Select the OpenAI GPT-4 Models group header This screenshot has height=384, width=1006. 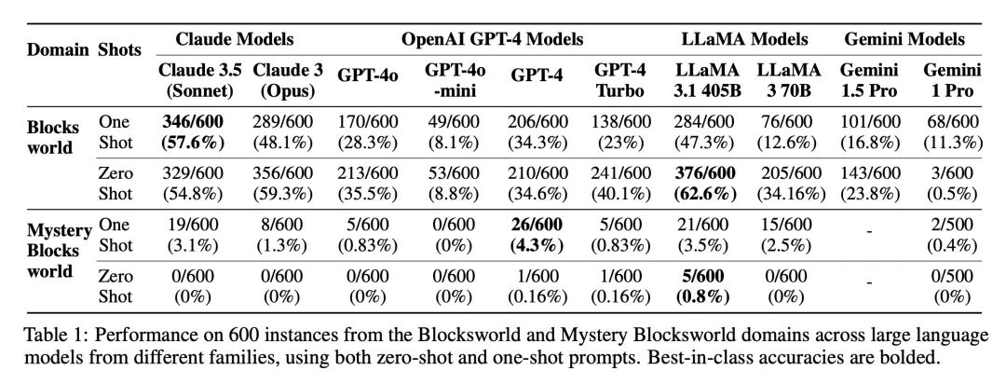[x=493, y=39]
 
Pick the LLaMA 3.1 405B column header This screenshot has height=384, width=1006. [x=707, y=78]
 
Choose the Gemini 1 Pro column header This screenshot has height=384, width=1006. [x=950, y=78]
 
